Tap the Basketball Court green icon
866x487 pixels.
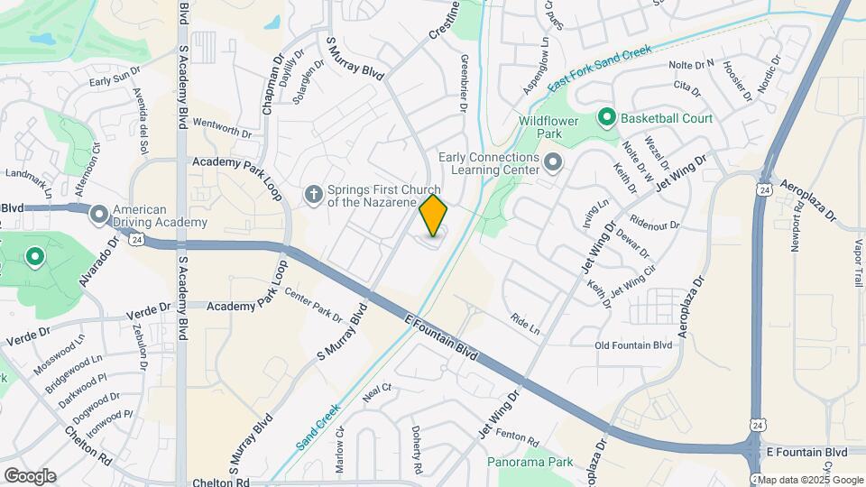click(607, 118)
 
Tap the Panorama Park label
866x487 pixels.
click(530, 462)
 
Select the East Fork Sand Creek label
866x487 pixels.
click(600, 66)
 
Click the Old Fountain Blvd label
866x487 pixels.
click(634, 345)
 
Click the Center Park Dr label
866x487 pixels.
click(313, 305)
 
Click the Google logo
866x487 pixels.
click(30, 475)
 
